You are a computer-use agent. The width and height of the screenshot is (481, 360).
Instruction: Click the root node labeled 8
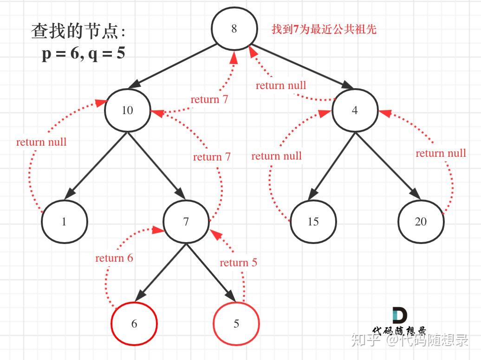(234, 29)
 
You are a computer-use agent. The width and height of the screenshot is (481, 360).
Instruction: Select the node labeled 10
(127, 110)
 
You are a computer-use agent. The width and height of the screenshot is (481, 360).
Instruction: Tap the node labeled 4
(355, 111)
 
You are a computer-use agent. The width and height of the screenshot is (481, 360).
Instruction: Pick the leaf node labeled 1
(64, 222)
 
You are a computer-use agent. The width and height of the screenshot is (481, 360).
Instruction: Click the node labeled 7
(186, 222)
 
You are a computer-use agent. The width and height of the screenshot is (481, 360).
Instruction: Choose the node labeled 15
(313, 222)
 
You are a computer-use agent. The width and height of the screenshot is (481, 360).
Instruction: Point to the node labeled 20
(421, 222)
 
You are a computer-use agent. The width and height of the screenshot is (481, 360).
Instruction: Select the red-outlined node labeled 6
(134, 323)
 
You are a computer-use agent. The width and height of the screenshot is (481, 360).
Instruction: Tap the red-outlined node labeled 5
(236, 323)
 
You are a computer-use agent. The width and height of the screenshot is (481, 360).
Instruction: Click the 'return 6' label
(114, 258)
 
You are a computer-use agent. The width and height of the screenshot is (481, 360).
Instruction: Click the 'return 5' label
(238, 263)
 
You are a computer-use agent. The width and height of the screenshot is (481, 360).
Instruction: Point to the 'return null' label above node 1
(41, 142)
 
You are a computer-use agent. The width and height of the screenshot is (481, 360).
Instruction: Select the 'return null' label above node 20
(441, 153)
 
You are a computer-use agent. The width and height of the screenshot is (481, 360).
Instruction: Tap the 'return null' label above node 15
(276, 156)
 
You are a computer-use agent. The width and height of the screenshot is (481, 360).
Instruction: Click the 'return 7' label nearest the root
(209, 99)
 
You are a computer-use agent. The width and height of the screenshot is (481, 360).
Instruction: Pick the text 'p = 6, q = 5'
(84, 54)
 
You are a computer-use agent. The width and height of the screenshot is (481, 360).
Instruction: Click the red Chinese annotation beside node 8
(324, 30)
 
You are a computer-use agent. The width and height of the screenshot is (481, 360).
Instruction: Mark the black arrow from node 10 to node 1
(97, 162)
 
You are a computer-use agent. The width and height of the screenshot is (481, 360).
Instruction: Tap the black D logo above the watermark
(399, 315)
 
